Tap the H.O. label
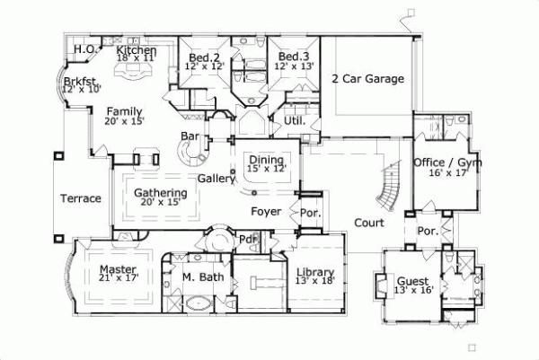[85, 49]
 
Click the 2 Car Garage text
[368, 78]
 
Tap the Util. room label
[294, 119]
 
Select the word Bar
[190, 136]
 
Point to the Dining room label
[267, 158]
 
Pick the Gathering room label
[161, 193]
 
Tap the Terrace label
[81, 198]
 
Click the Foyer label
[266, 212]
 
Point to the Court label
[368, 223]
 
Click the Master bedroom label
[117, 269]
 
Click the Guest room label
[412, 281]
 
